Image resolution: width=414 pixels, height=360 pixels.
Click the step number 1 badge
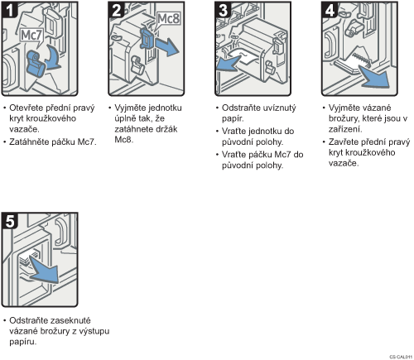click(x=9, y=10)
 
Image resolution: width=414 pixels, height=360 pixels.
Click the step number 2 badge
click(x=116, y=10)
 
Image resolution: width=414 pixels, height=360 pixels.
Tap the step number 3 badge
click(x=223, y=10)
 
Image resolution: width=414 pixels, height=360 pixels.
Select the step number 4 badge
click(x=330, y=10)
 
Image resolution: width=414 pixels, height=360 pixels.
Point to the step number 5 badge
click(x=9, y=220)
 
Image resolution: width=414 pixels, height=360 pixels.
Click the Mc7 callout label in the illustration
click(x=31, y=36)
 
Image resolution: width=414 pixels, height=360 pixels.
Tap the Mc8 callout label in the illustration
click(x=168, y=19)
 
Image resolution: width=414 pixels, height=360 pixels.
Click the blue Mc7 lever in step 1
click(x=36, y=64)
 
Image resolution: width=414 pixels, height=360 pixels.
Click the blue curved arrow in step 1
click(x=54, y=58)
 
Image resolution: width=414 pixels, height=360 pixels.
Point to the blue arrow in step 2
click(x=166, y=46)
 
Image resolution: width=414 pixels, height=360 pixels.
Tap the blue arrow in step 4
click(x=375, y=76)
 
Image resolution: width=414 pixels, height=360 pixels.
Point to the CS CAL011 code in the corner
click(x=401, y=357)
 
